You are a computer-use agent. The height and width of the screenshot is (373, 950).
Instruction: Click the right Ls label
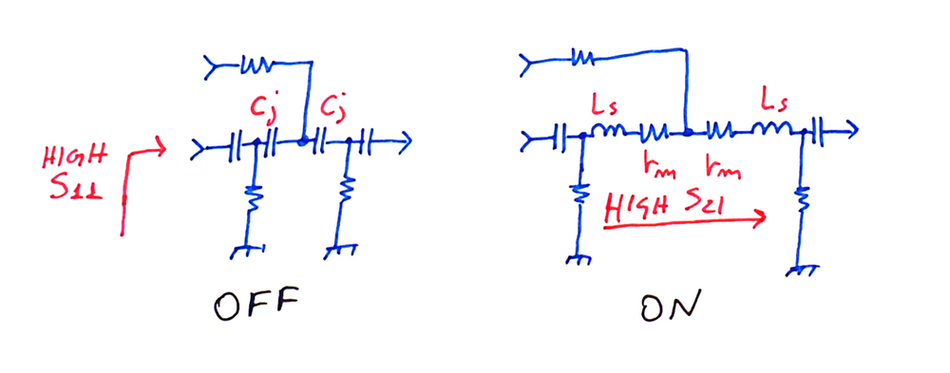tap(772, 98)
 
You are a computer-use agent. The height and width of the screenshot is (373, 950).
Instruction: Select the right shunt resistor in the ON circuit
tap(804, 201)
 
